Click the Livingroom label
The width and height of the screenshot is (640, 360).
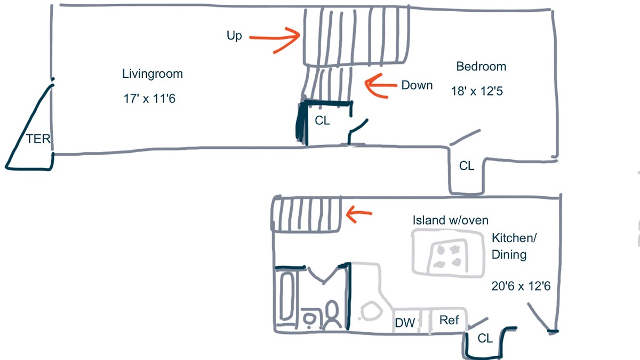[x=152, y=74]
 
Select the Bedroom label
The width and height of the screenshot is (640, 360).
[x=481, y=67]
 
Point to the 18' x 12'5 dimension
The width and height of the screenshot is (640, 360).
[x=477, y=91]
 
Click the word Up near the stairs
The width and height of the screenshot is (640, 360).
[x=234, y=36]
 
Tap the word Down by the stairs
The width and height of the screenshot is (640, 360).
[x=417, y=85]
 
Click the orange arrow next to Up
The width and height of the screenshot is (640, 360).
[x=275, y=38]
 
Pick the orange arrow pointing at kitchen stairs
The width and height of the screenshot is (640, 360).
[x=359, y=214]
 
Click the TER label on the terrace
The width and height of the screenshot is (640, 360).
[x=38, y=140]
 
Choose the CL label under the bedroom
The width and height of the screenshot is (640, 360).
[x=466, y=166]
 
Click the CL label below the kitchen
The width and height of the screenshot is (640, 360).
[x=485, y=338]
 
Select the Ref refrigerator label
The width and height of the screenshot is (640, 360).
[x=449, y=320]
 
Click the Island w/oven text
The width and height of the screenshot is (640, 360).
[x=450, y=220]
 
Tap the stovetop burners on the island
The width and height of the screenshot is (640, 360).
[x=447, y=255]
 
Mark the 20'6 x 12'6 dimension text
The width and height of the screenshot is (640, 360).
[x=521, y=286]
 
